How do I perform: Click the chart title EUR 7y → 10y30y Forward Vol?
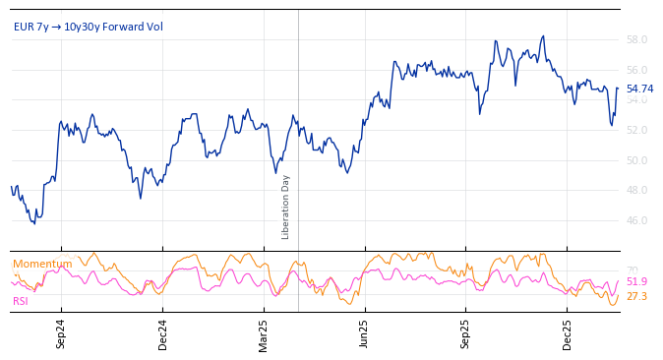point(89,27)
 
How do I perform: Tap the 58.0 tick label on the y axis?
point(636,39)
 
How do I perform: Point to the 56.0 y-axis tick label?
point(636,70)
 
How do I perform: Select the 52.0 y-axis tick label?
point(636,130)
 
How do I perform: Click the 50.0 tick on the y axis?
point(636,160)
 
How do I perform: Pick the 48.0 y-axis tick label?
point(636,190)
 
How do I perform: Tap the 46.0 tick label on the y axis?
point(636,220)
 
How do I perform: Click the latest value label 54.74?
point(639,89)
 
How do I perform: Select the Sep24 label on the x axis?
point(61,334)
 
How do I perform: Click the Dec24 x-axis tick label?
point(162,334)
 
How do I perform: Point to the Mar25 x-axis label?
point(264,334)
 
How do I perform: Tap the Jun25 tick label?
point(364,334)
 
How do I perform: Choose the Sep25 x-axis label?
point(465,334)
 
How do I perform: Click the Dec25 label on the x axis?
point(567,334)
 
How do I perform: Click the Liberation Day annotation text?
point(286,207)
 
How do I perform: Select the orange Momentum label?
point(42,264)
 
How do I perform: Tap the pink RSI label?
point(21,301)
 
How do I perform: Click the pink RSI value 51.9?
point(636,282)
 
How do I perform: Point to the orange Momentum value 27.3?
point(636,296)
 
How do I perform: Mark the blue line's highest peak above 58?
point(542,36)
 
